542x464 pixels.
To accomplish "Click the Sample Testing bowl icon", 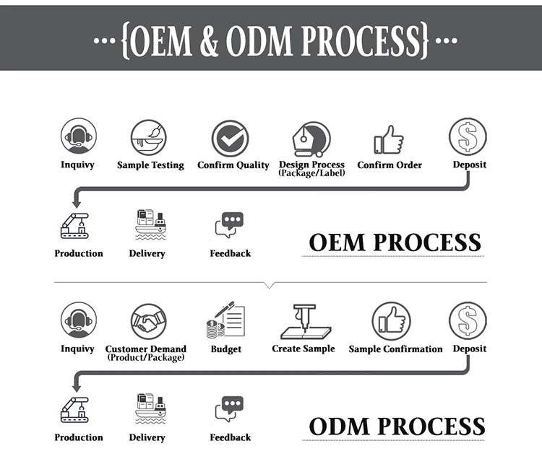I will point(149,138).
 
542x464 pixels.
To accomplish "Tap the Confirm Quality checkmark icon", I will point(230,138).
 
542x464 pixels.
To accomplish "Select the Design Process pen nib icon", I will point(311,138).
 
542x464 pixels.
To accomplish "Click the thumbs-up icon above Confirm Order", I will point(389,139).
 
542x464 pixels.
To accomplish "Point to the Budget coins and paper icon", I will point(225,321).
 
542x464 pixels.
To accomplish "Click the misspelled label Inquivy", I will point(77,165).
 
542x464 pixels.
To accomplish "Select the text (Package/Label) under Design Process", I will point(311,173).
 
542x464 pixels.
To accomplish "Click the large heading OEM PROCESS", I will point(395,242).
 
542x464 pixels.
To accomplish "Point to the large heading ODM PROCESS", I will point(397,426).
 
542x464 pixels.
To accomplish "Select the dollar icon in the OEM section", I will point(468,136).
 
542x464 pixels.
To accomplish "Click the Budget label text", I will point(225,349).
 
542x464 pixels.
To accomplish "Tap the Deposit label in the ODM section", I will point(469,349).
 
